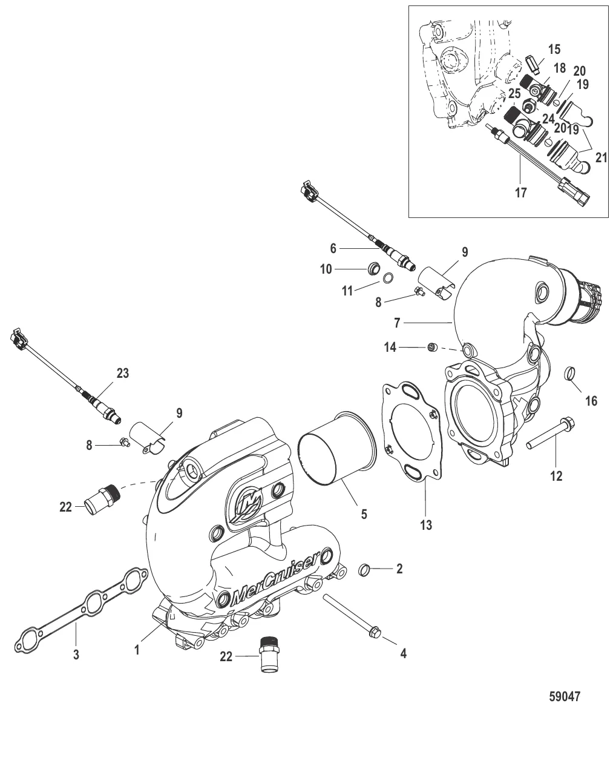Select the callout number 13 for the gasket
pyautogui.click(x=426, y=525)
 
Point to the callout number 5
pyautogui.click(x=364, y=514)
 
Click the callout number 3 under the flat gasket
pyautogui.click(x=76, y=654)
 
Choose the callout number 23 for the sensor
pyautogui.click(x=123, y=374)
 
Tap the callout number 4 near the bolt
pyautogui.click(x=402, y=653)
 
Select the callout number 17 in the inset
pyautogui.click(x=520, y=193)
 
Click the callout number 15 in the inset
pyautogui.click(x=554, y=48)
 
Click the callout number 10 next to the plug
pyautogui.click(x=326, y=269)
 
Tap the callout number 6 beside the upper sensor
pyautogui.click(x=333, y=248)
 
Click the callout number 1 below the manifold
pyautogui.click(x=137, y=651)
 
